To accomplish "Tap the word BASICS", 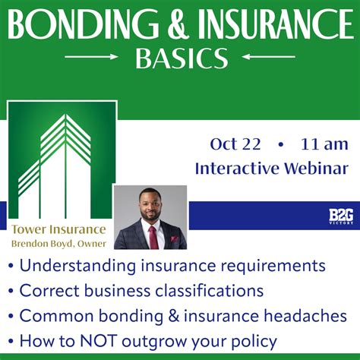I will tap(181, 58).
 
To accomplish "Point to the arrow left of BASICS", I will tap(92, 57).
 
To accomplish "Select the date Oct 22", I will tap(235, 144).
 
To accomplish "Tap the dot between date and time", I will tap(280, 144).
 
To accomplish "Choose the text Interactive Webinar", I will tap(271, 168).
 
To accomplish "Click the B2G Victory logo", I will tap(341, 216).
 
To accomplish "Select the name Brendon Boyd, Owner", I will tap(58, 244).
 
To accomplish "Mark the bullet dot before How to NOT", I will tap(11, 340).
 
